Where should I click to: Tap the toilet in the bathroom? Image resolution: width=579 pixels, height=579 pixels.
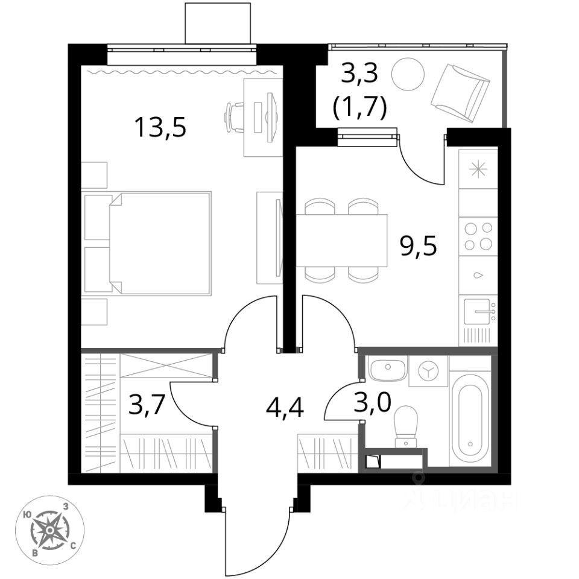pos(406,426)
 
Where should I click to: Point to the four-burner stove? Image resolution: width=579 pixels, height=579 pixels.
pos(478,236)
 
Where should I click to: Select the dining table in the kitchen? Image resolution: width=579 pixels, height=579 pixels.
pos(341,240)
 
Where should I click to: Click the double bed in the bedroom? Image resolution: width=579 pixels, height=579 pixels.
pos(148,243)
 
